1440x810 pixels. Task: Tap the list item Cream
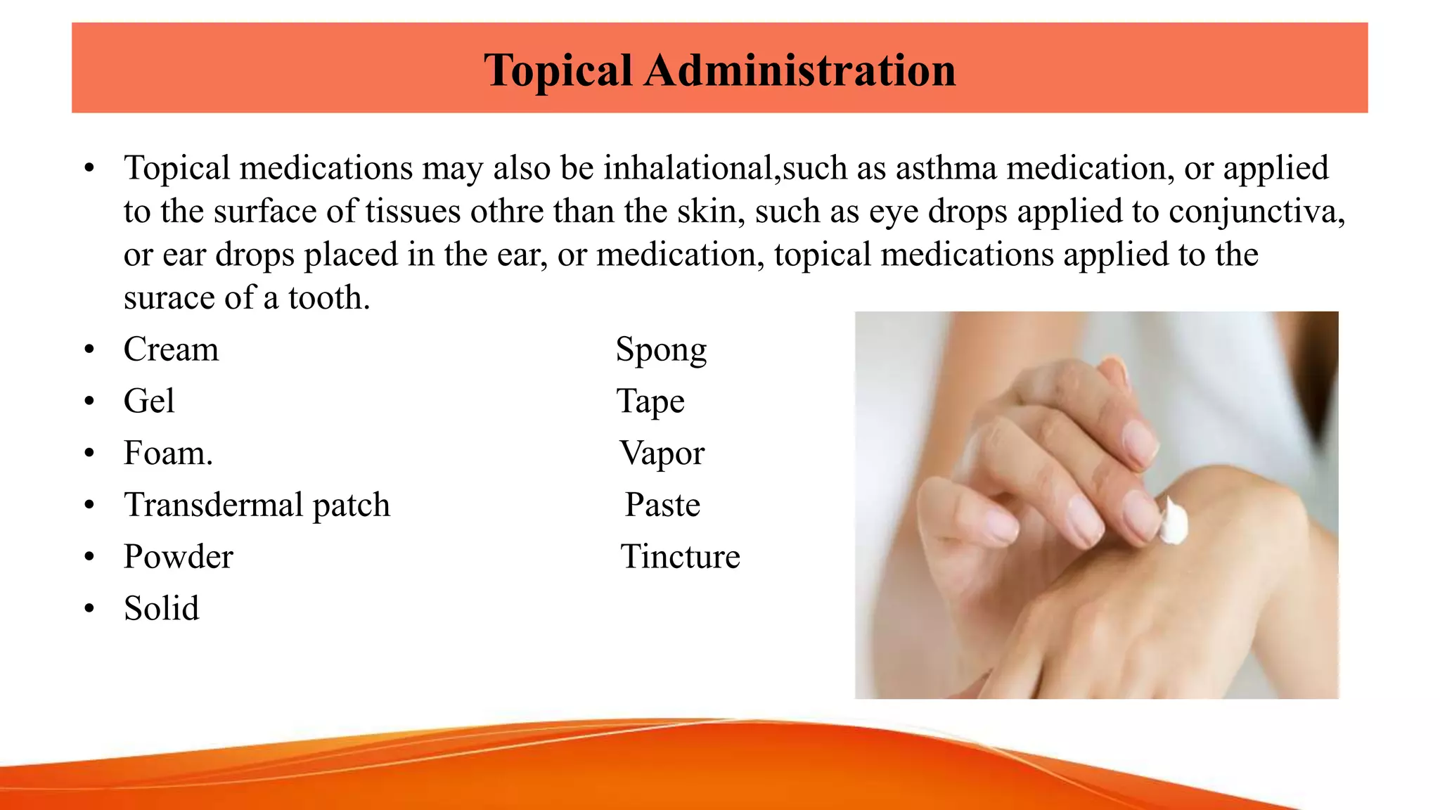click(x=171, y=349)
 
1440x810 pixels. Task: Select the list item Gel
click(x=149, y=401)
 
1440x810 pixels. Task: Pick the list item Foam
click(x=168, y=453)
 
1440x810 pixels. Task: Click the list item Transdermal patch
click(x=257, y=505)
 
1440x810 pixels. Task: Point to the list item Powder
click(x=178, y=557)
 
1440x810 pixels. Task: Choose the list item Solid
click(x=162, y=608)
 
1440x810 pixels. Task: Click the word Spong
click(x=661, y=349)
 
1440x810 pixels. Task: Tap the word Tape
click(x=650, y=401)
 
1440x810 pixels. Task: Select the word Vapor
click(x=662, y=454)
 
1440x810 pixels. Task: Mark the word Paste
click(x=662, y=505)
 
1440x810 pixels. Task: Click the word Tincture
click(x=680, y=557)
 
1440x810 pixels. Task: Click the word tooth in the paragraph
click(x=328, y=298)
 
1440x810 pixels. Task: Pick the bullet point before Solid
click(x=89, y=608)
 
